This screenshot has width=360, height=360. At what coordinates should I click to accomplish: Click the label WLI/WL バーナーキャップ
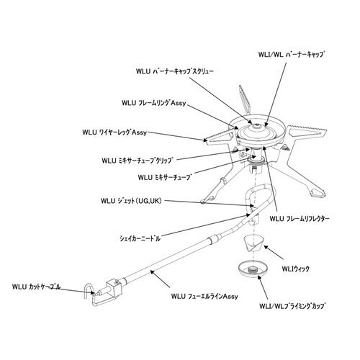[292, 55]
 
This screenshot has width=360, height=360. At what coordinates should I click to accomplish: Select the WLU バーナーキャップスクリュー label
[174, 71]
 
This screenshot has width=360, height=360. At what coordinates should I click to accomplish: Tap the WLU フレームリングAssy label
[154, 103]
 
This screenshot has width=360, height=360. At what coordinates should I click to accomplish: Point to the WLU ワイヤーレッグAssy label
[114, 132]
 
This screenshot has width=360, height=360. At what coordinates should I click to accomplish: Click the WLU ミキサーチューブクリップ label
[137, 160]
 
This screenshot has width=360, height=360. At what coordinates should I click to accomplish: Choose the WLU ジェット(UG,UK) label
[132, 201]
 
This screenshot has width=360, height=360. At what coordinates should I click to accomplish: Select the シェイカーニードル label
[140, 238]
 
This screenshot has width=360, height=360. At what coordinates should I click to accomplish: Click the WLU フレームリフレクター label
[300, 219]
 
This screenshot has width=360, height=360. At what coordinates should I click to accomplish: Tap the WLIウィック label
[295, 269]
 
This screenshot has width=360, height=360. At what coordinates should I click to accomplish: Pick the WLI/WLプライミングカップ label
[293, 307]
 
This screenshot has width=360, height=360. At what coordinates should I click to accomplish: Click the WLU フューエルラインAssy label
[204, 296]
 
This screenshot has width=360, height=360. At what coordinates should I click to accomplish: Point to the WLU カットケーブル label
[37, 287]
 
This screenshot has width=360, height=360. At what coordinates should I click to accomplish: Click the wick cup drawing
[253, 243]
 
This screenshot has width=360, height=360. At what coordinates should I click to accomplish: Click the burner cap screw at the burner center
[257, 125]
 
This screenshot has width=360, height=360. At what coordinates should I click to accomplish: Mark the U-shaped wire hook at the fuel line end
[89, 291]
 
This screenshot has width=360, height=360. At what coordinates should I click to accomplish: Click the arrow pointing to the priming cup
[263, 287]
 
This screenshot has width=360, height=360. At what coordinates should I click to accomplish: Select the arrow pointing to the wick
[274, 253]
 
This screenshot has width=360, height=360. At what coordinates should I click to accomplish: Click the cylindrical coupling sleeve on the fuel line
[214, 239]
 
